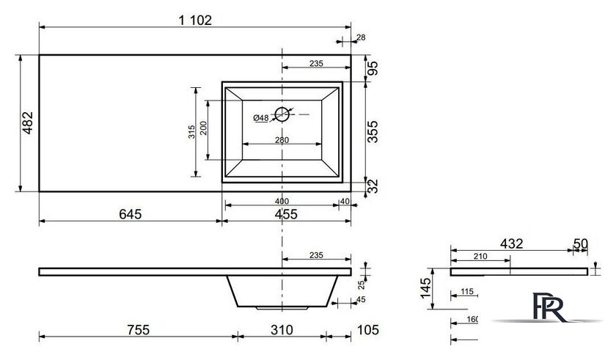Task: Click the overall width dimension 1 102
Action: pos(195,20)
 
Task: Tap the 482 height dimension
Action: pos(28,123)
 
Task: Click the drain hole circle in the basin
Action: pos(282,114)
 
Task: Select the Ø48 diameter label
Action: pos(261,118)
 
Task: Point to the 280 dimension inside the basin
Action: pos(282,140)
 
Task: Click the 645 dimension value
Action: pos(130,214)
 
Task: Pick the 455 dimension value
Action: pos(286,214)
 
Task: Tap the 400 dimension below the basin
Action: pos(282,202)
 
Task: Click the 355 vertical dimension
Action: pos(372,132)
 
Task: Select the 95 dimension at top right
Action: pos(373,68)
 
